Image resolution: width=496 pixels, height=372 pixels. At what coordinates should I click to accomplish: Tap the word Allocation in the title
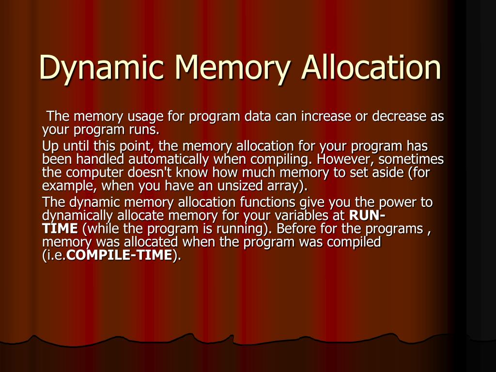pyautogui.click(x=372, y=66)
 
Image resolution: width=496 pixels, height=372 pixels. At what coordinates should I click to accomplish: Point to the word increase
pyautogui.click(x=325, y=116)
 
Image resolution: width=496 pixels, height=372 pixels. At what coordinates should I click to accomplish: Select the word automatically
pyautogui.click(x=169, y=159)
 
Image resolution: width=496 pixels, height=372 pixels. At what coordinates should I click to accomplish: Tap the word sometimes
pyautogui.click(x=411, y=159)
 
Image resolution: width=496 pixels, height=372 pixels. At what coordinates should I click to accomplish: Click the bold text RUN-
pyautogui.click(x=367, y=216)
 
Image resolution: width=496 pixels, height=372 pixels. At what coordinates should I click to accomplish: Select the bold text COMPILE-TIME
pyautogui.click(x=119, y=255)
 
